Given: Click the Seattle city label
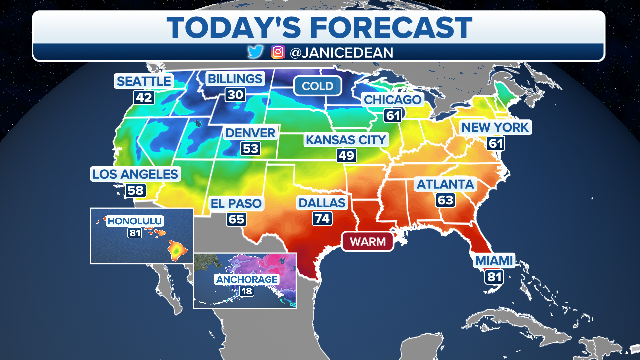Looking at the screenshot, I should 144,81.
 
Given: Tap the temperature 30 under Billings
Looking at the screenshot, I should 235,95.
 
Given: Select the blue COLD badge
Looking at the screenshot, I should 317,86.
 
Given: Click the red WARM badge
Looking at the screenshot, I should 368,242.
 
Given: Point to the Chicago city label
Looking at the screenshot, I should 392,100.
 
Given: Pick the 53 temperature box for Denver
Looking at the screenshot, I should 250,149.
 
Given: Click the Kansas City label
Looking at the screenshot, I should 346,140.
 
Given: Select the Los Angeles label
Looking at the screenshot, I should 135,174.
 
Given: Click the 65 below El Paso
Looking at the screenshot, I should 236,219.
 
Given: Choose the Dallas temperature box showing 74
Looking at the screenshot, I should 322,218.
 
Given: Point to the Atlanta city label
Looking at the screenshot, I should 445,184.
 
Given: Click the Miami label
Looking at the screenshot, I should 494,261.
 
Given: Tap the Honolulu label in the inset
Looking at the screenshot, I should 135,221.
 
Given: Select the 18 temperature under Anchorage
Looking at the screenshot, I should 247,290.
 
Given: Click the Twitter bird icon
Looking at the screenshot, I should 255,52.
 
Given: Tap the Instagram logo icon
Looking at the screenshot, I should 278,52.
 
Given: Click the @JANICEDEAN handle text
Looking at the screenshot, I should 341,53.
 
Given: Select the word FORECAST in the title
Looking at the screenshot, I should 390,27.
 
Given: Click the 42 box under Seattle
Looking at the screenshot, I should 143,97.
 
